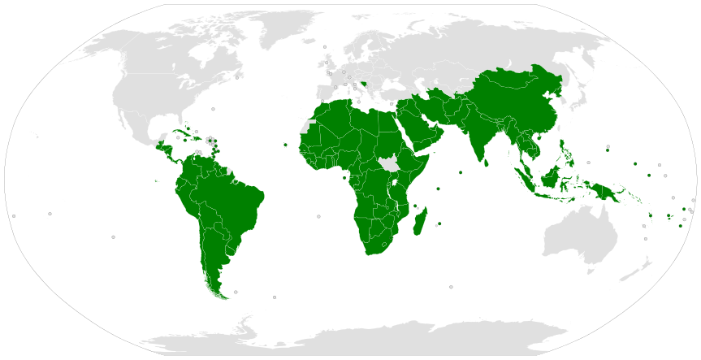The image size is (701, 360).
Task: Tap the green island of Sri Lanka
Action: pos(487,162)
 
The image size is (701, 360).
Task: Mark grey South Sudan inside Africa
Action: pos(388,165)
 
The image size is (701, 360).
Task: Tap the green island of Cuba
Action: pos(180,132)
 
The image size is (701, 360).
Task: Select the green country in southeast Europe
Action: pos(366,83)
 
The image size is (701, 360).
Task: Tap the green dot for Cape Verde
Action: pos(285,145)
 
